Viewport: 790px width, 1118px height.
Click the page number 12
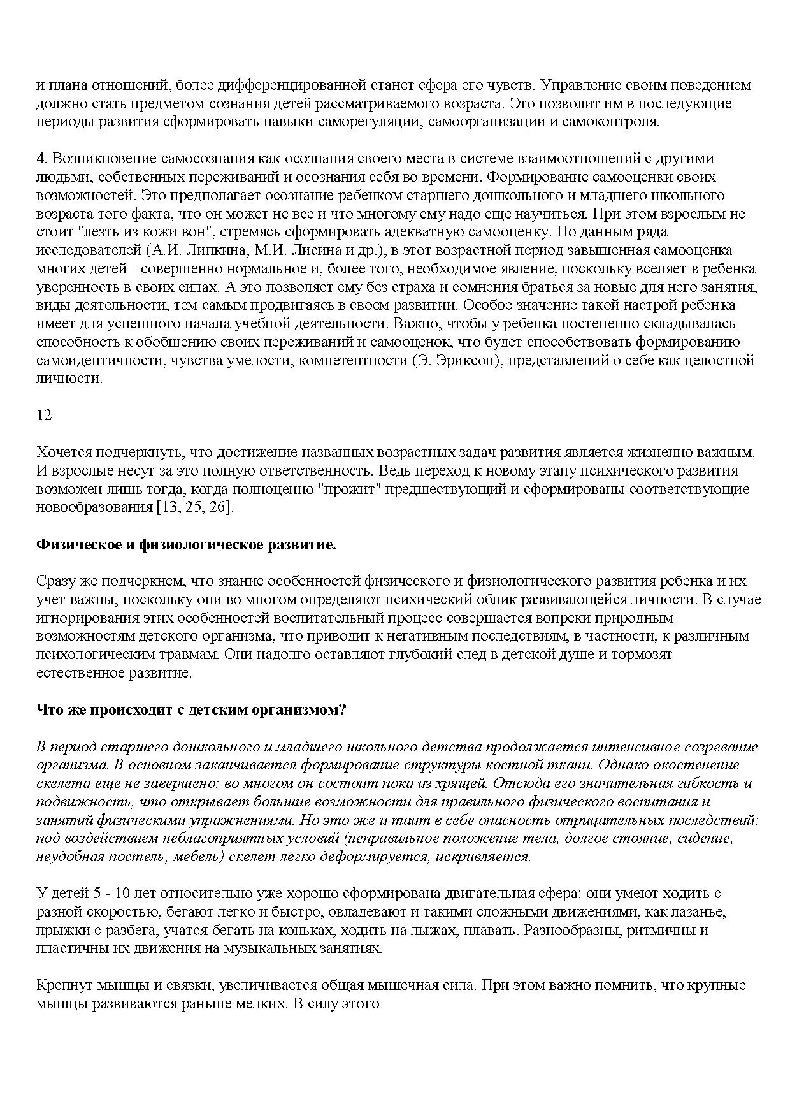pos(44,415)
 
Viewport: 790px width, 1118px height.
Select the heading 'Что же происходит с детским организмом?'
pos(190,709)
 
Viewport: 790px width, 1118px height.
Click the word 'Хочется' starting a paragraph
pos(63,453)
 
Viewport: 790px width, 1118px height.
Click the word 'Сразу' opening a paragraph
pos(55,581)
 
